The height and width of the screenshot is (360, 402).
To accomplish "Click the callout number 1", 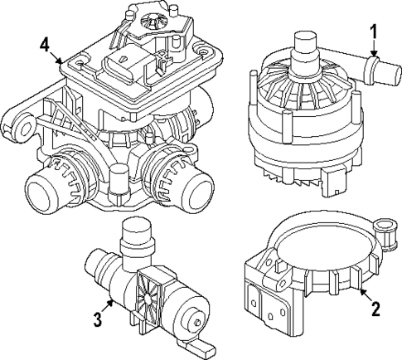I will pos(374,32).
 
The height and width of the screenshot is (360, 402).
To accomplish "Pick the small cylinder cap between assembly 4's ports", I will pos(122,178).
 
